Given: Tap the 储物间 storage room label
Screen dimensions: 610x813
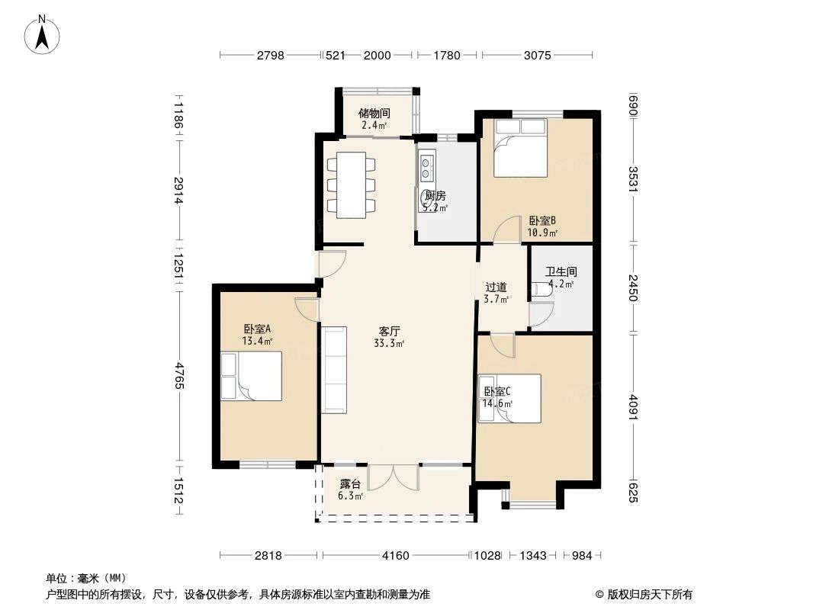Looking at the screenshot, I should tap(374, 113).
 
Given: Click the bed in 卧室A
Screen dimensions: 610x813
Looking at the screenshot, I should tap(250, 375).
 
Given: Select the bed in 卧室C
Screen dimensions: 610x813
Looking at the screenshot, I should tap(509, 398).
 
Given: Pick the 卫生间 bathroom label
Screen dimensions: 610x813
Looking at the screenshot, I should tap(560, 271).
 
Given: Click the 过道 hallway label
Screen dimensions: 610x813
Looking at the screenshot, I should tap(496, 287).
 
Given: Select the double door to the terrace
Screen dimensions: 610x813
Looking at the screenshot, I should tap(394, 477).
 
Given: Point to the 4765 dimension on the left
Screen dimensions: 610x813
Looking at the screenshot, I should tap(178, 375).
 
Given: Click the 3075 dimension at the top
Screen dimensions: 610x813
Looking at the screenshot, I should tap(538, 55).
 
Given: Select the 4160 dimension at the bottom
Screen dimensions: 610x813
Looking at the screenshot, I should tap(396, 556).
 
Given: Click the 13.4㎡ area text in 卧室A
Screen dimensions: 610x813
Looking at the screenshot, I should tap(257, 342).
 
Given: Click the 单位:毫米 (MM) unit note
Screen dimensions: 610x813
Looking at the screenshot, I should tap(86, 578).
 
